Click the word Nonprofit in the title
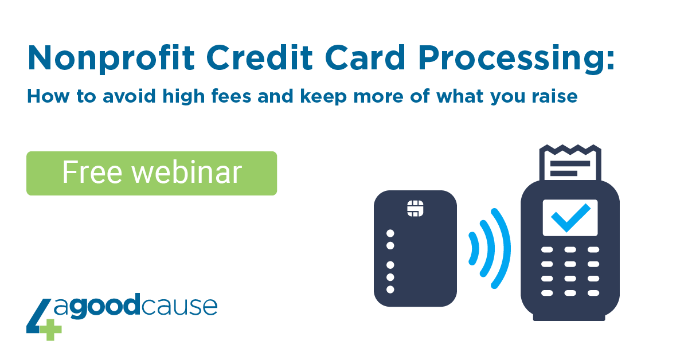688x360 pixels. [111, 58]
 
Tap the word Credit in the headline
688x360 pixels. [260, 58]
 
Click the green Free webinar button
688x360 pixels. [152, 173]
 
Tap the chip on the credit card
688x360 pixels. [415, 209]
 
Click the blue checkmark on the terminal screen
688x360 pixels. [570, 217]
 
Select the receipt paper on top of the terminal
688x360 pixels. [570, 163]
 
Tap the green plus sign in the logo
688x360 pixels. [50, 330]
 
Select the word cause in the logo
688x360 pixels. [179, 306]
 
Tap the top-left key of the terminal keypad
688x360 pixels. [547, 250]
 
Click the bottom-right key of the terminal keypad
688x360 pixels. [593, 293]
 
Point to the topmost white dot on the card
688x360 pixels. [390, 233]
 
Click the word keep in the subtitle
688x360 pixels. [324, 97]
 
